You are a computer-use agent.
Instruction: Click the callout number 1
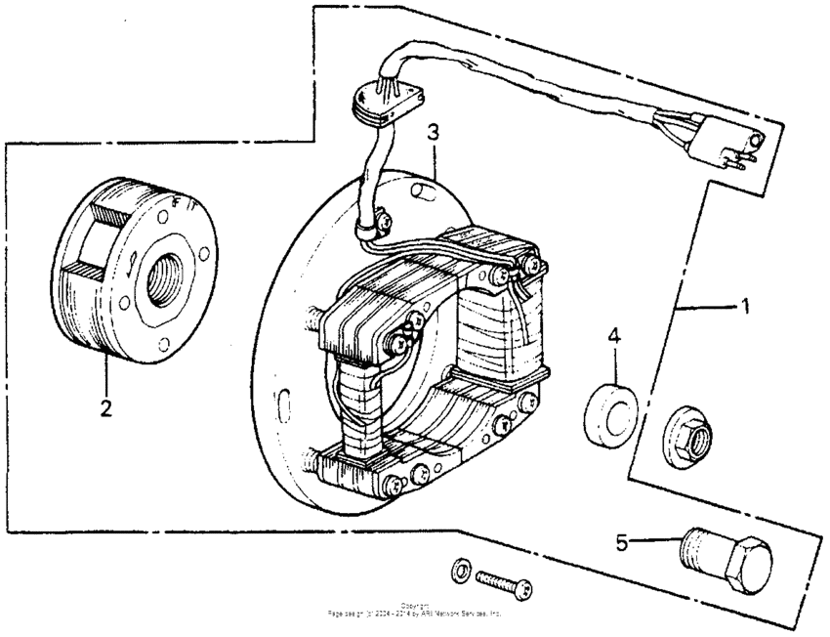tap(744, 306)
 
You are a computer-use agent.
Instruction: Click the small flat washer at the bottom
tap(462, 569)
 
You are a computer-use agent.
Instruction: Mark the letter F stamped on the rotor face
tap(174, 201)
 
